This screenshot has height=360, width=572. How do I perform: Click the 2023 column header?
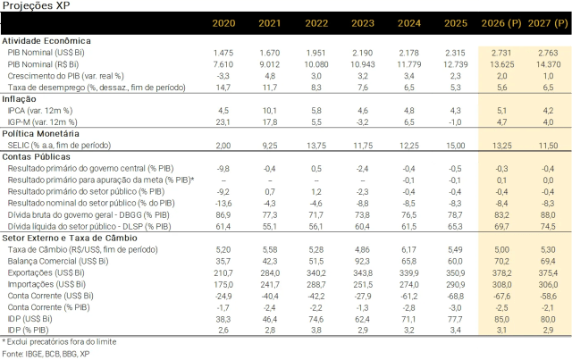click(363, 23)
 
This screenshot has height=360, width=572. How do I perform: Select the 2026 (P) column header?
click(501, 23)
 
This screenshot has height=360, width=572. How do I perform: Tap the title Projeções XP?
click(36, 6)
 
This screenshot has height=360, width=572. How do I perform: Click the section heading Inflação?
click(19, 99)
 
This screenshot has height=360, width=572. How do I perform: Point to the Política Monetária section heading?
click(40, 134)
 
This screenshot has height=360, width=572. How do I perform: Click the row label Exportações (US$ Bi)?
click(46, 272)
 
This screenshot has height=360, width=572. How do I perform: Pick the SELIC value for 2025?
click(455, 146)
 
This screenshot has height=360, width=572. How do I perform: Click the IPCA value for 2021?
click(270, 111)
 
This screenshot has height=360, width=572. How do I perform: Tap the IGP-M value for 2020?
click(223, 122)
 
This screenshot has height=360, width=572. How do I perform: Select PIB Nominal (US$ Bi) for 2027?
click(548, 53)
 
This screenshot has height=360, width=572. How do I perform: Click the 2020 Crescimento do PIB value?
click(223, 76)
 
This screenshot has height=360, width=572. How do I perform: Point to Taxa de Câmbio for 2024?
click(409, 250)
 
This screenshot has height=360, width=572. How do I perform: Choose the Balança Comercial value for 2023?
click(363, 262)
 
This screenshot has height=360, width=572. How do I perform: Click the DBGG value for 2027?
click(548, 215)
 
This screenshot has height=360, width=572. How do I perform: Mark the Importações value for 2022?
click(316, 284)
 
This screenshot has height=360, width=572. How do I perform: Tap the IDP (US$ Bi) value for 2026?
click(501, 320)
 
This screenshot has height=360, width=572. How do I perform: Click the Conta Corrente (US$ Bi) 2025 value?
click(455, 297)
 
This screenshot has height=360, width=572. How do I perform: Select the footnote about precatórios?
click(60, 342)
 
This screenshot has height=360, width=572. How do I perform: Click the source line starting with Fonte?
click(46, 354)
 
